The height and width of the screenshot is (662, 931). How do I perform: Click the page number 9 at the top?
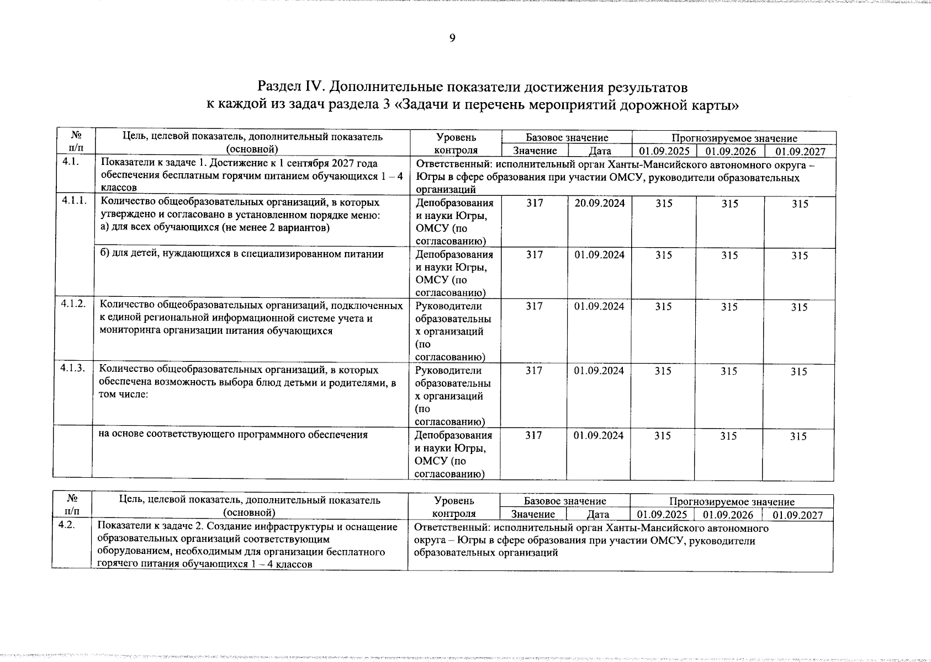click(452, 38)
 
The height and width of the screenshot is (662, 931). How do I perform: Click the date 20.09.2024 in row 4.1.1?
click(599, 203)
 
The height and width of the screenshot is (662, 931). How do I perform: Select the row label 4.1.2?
click(73, 305)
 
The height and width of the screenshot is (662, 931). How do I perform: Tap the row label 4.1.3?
click(73, 370)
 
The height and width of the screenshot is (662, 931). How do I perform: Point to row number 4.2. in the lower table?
click(67, 525)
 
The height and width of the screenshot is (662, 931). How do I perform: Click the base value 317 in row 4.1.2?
click(533, 306)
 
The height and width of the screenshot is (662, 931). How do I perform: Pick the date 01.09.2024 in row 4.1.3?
click(599, 371)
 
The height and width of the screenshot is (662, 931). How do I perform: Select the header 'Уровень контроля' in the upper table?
click(456, 143)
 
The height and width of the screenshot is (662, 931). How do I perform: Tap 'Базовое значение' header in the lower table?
click(564, 501)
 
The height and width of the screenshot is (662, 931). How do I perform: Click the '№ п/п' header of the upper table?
click(76, 142)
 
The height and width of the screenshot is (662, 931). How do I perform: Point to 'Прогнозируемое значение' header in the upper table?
click(734, 138)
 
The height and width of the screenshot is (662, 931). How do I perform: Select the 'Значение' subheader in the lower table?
click(532, 515)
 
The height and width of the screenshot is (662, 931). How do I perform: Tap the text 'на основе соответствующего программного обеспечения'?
click(233, 434)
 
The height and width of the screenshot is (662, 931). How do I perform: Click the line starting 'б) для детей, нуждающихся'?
click(241, 254)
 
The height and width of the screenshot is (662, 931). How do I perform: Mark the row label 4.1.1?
click(74, 201)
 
